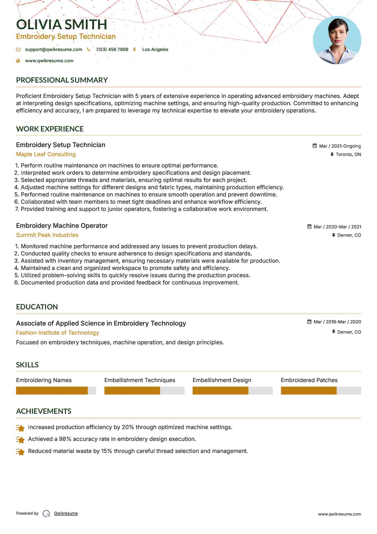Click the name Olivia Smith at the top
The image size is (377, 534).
(62, 25)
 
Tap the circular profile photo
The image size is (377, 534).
(337, 40)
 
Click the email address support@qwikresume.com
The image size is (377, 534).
(54, 49)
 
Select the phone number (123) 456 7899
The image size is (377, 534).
(112, 49)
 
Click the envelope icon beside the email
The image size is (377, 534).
(18, 50)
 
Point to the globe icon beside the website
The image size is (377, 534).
(18, 61)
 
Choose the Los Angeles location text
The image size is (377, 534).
(155, 49)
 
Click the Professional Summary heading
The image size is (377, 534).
(62, 80)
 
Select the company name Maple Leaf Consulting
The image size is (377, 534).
(46, 154)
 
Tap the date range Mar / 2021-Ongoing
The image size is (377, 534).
(340, 146)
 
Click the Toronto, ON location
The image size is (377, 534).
(348, 154)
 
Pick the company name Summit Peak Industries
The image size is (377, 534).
(47, 235)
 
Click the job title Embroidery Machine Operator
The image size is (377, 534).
(62, 226)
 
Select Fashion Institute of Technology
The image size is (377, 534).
(58, 333)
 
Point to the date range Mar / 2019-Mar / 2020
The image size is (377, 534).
(337, 322)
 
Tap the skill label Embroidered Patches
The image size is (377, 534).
(309, 380)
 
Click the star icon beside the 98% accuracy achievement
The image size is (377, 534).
(20, 439)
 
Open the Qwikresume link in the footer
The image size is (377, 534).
(66, 513)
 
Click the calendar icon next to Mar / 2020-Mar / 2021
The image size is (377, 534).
(309, 226)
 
